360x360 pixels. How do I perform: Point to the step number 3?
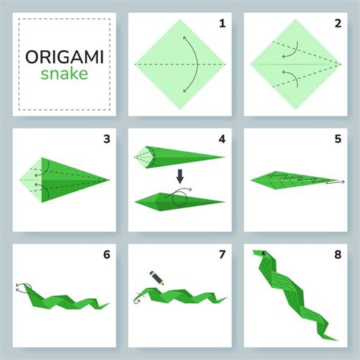(x=107, y=139)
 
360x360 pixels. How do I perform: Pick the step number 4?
(x=222, y=139)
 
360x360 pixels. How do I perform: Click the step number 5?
(x=337, y=139)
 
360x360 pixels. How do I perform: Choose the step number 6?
(x=107, y=256)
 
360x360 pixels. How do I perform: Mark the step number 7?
(x=222, y=256)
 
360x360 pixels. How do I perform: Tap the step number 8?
(x=337, y=256)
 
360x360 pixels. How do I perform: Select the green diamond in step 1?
(x=179, y=65)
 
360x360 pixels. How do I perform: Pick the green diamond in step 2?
(x=295, y=65)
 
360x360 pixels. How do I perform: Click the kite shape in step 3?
(x=65, y=181)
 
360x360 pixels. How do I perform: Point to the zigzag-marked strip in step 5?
(x=292, y=181)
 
